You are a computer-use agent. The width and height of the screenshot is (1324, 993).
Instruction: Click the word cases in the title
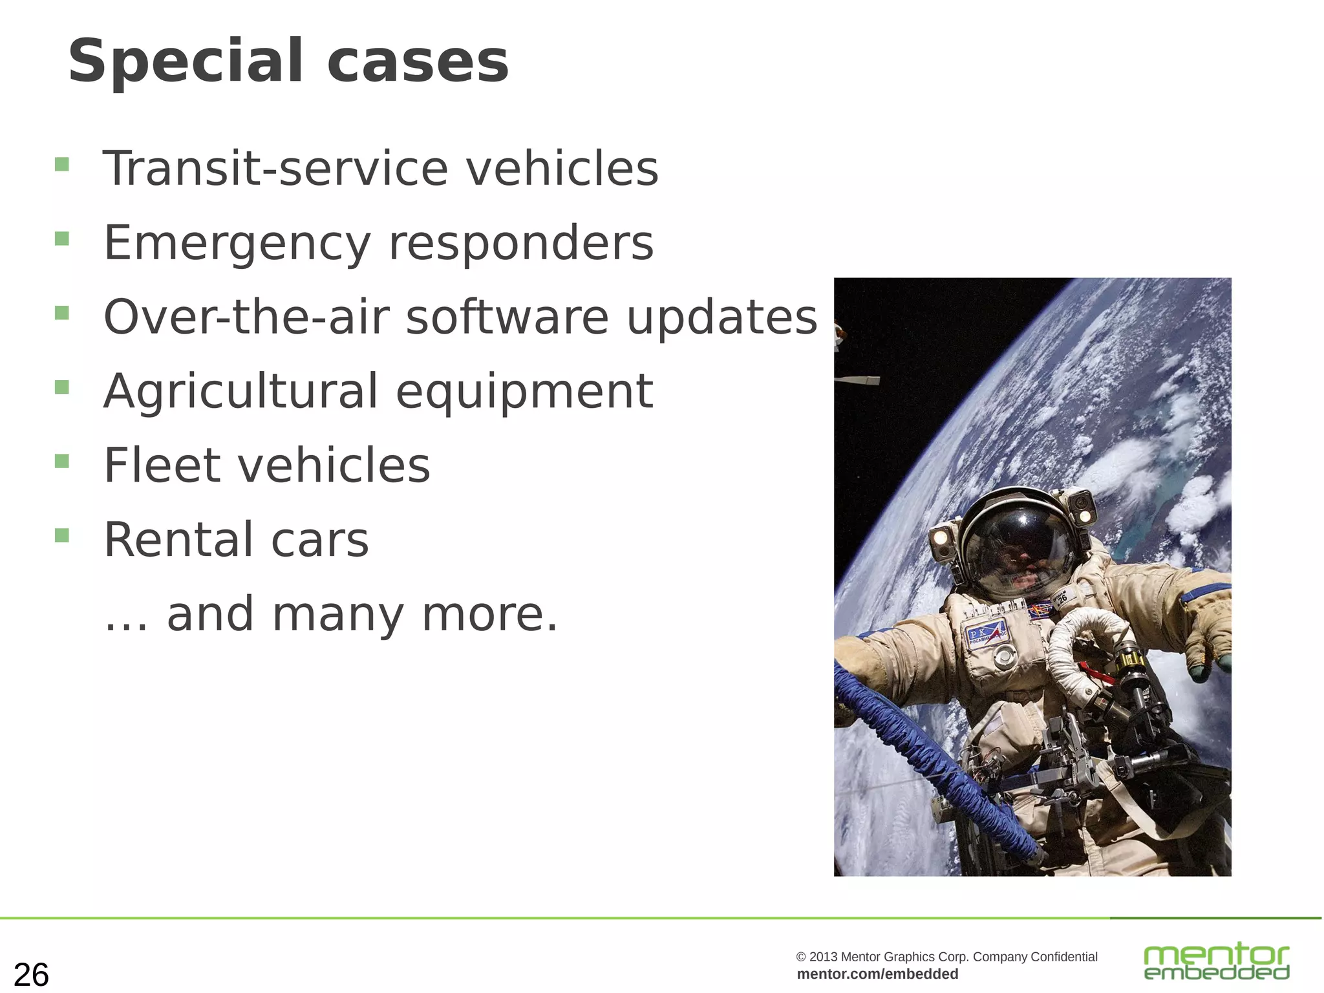tap(418, 62)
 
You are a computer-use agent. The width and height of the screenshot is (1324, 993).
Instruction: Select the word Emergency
tap(237, 244)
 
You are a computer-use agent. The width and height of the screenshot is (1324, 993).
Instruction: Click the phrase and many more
tap(362, 614)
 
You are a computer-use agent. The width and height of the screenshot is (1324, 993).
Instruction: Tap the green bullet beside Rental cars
tap(62, 535)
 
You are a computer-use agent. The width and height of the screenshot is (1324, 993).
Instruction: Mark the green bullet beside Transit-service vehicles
tap(62, 164)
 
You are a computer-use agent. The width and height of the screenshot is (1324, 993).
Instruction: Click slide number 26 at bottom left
tap(31, 974)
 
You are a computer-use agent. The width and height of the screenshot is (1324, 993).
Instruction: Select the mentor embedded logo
tap(1216, 962)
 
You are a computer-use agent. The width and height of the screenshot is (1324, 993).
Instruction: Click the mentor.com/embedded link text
tap(877, 974)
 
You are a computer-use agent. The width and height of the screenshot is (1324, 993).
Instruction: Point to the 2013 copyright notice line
tap(946, 956)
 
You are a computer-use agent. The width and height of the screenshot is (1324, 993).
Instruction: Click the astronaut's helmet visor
tap(1020, 550)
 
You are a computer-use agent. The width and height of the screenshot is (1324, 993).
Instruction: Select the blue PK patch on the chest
tap(985, 634)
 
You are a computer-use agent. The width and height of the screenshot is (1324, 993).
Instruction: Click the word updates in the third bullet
tap(721, 317)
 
